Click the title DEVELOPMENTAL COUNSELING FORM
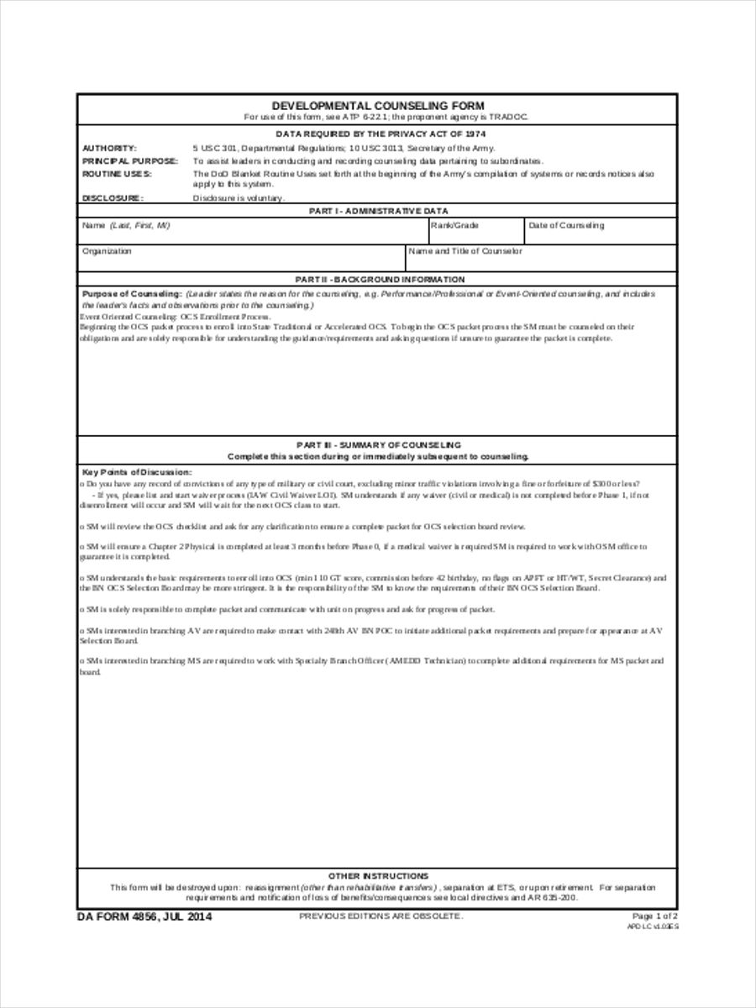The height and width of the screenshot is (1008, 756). [x=377, y=106]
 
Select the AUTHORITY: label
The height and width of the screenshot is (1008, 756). [x=109, y=148]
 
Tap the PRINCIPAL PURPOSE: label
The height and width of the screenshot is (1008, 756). [x=129, y=160]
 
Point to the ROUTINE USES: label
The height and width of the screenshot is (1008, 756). [x=116, y=173]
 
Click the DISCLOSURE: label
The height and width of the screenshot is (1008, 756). [x=113, y=198]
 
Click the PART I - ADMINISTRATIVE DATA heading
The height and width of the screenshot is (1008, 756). [x=377, y=211]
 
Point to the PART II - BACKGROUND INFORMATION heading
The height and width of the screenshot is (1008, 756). [x=377, y=279]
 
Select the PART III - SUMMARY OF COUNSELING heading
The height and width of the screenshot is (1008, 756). [x=377, y=444]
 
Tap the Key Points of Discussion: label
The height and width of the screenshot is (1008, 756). [x=136, y=473]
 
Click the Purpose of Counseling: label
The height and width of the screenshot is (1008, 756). [x=131, y=295]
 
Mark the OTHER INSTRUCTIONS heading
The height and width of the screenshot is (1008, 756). [x=377, y=875]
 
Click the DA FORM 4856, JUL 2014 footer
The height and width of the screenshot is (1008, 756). [x=144, y=916]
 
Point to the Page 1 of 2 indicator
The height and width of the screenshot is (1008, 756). [x=654, y=916]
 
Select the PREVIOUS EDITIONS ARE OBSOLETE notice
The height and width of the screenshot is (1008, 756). [x=381, y=916]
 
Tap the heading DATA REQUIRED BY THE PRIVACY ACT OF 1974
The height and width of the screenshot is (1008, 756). [x=377, y=134]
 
